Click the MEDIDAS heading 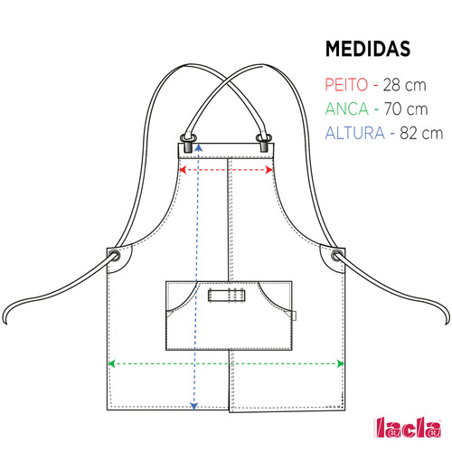point(368,49)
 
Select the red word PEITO point(346,85)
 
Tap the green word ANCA point(347,108)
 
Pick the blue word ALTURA point(355,133)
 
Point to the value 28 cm point(405,85)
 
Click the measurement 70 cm point(406,109)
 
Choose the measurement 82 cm point(421,133)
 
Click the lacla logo point(409,428)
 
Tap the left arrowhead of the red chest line point(182,170)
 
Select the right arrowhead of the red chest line point(269,170)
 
